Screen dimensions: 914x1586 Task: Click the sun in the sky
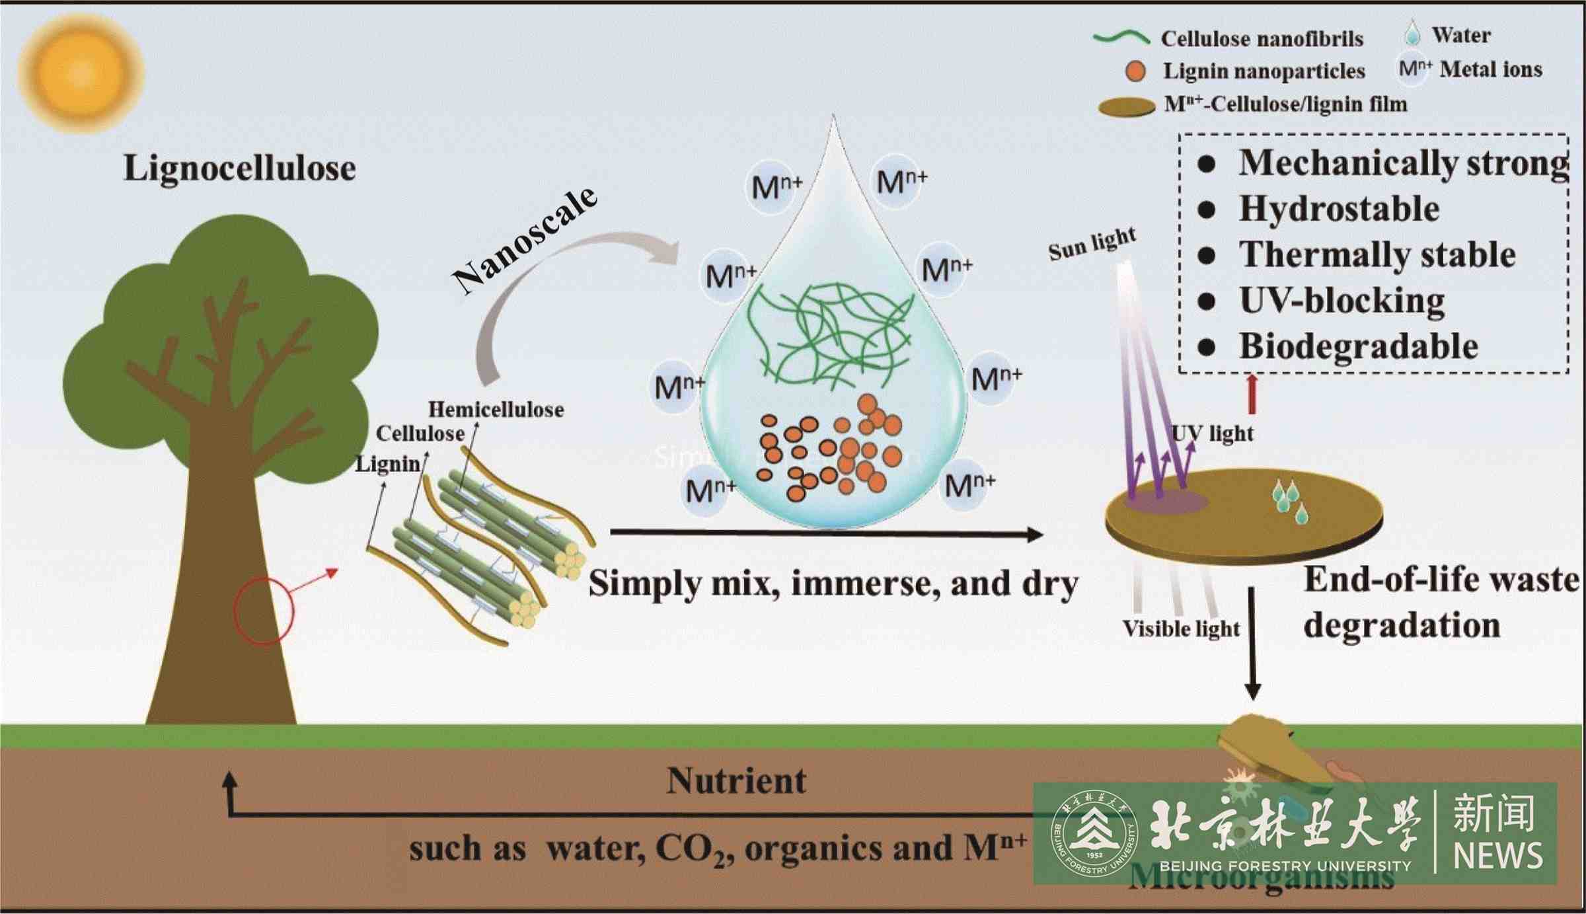click(81, 73)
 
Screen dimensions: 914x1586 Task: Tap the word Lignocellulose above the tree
click(239, 168)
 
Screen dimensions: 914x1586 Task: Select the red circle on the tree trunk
click(263, 610)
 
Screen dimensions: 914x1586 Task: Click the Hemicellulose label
click(496, 410)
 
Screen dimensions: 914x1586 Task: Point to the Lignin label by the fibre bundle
click(387, 464)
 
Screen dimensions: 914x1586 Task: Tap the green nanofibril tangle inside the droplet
click(829, 334)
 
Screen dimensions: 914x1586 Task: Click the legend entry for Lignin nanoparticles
click(1264, 71)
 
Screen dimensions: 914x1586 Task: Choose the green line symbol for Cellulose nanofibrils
click(1121, 38)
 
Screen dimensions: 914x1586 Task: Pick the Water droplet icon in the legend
click(1412, 33)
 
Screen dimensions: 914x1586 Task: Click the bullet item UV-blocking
click(1341, 301)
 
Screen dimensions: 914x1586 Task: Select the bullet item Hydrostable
click(1339, 209)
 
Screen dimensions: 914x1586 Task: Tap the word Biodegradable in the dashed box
click(1358, 346)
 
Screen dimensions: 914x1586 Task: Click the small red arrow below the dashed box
click(1251, 393)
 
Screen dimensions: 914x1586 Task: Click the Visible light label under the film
click(1181, 628)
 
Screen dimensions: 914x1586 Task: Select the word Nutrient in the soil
click(736, 781)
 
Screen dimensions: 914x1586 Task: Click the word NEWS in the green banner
click(1497, 856)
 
